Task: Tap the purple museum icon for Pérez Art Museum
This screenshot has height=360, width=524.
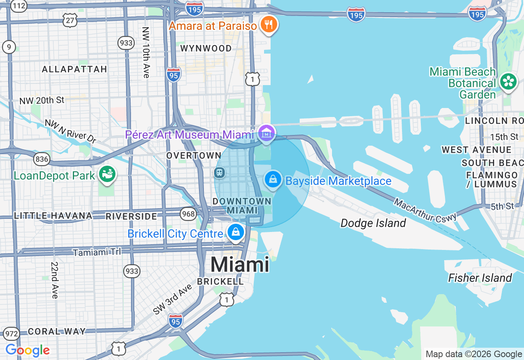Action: pos(267,134)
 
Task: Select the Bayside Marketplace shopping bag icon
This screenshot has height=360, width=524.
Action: pos(273,179)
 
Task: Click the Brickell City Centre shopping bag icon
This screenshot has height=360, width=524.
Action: pos(236,232)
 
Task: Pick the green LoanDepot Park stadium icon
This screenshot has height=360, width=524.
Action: pos(108,175)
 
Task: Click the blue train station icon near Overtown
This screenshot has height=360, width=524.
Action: pos(219,172)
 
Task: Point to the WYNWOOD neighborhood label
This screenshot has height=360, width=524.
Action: pos(206,48)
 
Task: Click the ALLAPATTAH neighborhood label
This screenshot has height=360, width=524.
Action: pos(75,69)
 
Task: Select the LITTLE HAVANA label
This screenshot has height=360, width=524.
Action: pos(53,216)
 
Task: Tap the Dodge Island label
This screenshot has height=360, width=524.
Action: pos(373,223)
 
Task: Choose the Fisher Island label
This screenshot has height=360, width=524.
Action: pos(480,278)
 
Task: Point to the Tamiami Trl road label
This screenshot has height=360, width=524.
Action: pos(97,252)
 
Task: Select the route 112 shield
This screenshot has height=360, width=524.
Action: pos(19,5)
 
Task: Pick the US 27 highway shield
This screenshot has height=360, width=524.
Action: pos(70,20)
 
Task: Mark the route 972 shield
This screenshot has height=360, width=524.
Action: pos(12,334)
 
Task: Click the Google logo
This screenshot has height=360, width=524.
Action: pos(27,350)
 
